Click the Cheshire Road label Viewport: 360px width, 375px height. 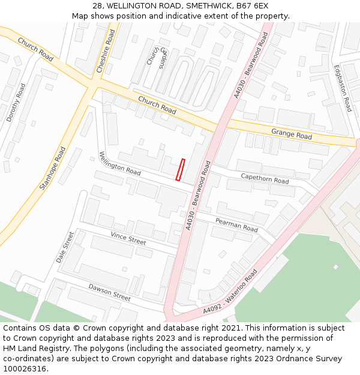point(106,52)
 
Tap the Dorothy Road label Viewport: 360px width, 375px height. point(16,103)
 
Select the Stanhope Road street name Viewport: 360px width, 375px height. point(52,168)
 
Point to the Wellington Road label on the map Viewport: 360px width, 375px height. point(120,163)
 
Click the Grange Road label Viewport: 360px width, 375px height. point(292,133)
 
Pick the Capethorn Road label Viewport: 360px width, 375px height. point(265,178)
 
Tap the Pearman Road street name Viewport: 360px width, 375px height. point(236,226)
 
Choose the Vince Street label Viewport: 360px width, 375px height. point(128,238)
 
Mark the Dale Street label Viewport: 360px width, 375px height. point(64,247)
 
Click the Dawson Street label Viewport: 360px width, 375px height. point(109,292)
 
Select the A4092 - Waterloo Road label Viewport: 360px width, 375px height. point(230,292)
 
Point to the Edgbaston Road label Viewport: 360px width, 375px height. point(343,88)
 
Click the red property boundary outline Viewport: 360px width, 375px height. point(179,169)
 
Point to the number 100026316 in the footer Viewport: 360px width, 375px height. point(23,369)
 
